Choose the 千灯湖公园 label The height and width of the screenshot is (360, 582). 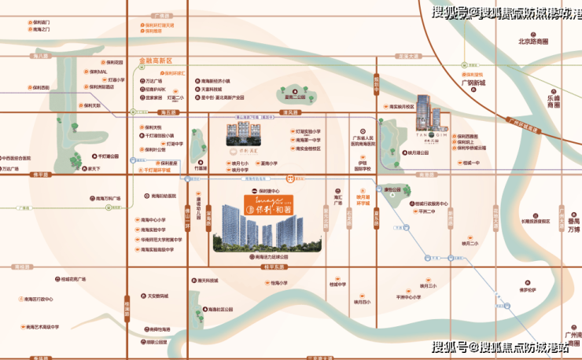tap(106, 156)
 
